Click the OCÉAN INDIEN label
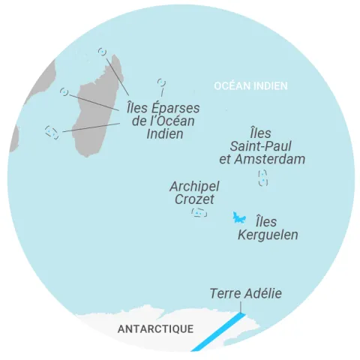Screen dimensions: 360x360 pos(250,86)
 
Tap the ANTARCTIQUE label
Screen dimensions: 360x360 pos(155,328)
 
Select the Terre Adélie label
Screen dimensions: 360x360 pos(245,293)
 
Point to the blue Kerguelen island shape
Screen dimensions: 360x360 pos(240,217)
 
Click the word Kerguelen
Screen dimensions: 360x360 pos(268,235)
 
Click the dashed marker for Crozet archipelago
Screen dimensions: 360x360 pos(198,213)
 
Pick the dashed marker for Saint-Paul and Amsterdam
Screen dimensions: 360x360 pos(262,178)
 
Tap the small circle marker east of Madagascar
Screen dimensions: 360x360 pos(160,82)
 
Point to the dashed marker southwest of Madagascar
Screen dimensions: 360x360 pos(52,132)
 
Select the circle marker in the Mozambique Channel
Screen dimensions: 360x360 pos(64,92)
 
